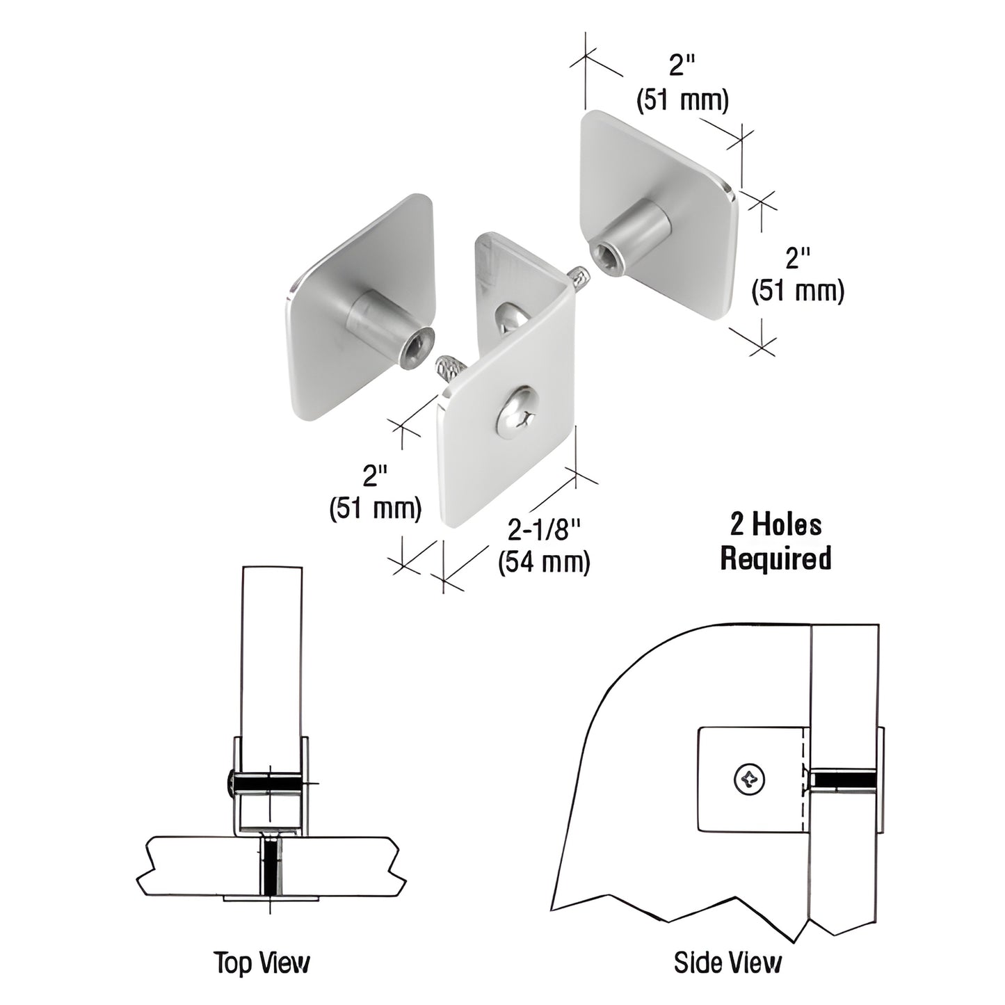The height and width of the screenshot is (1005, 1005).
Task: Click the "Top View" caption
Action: point(262,963)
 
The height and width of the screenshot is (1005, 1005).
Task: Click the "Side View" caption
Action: point(727,963)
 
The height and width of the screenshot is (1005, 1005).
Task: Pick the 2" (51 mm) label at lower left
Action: point(375,494)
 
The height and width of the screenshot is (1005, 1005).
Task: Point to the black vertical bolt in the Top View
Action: point(270,867)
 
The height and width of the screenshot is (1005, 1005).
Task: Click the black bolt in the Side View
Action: point(844,779)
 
